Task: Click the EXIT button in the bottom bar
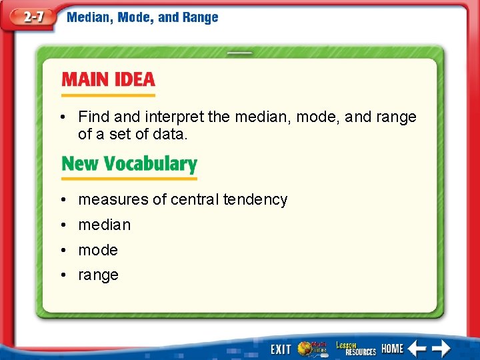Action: point(280,349)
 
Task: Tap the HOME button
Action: point(393,349)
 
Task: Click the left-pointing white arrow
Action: point(417,349)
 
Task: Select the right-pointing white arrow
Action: point(440,349)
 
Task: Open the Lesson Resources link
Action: point(355,348)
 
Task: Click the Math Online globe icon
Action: point(312,348)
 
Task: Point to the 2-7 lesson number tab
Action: point(29,17)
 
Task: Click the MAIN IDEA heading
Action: point(108,80)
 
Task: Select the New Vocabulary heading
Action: point(129,164)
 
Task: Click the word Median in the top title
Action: point(89,17)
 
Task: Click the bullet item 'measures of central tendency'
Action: point(183,199)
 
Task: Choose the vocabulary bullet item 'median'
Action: point(105,225)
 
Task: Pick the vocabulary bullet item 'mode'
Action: point(98,250)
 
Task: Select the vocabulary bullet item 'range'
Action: point(98,275)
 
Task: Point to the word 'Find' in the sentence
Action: point(93,117)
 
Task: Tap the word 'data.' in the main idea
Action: point(171,134)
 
